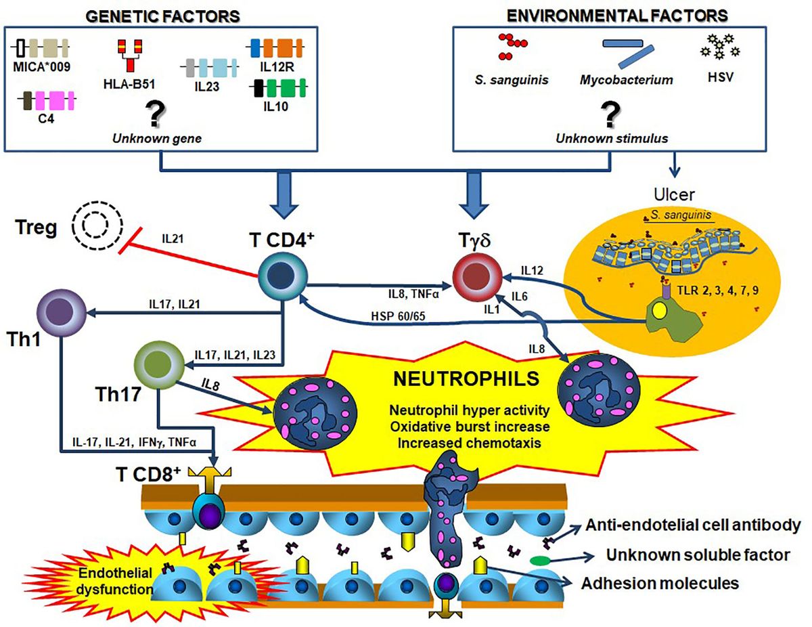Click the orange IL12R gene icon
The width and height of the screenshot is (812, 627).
pyautogui.click(x=276, y=49)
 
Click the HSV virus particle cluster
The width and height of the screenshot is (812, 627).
pyautogui.click(x=719, y=46)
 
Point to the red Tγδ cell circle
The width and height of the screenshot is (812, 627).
pyautogui.click(x=474, y=277)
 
